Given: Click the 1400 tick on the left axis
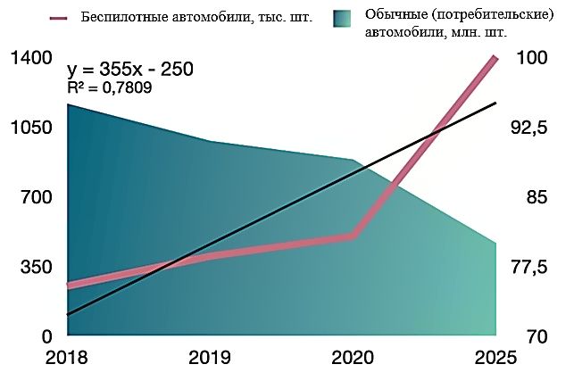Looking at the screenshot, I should point(32,59).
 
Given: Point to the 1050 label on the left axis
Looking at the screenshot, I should point(32,128).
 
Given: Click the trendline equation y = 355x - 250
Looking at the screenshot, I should point(130,70).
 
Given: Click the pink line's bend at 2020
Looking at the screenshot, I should point(354,236).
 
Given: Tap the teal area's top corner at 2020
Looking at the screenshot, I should point(354,161).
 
